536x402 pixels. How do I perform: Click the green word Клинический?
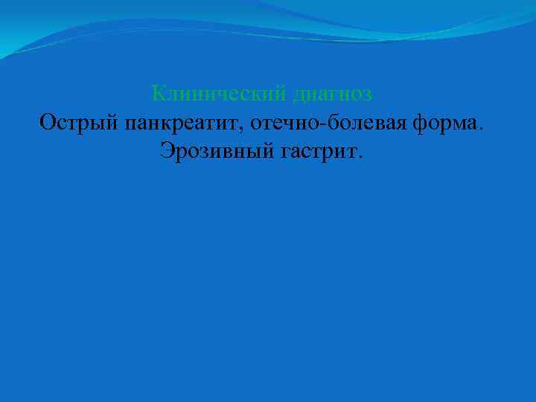click(x=219, y=94)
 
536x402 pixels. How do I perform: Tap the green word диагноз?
click(x=333, y=95)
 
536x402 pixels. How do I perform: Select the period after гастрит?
click(x=362, y=156)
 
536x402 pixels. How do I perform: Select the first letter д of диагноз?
click(x=299, y=96)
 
